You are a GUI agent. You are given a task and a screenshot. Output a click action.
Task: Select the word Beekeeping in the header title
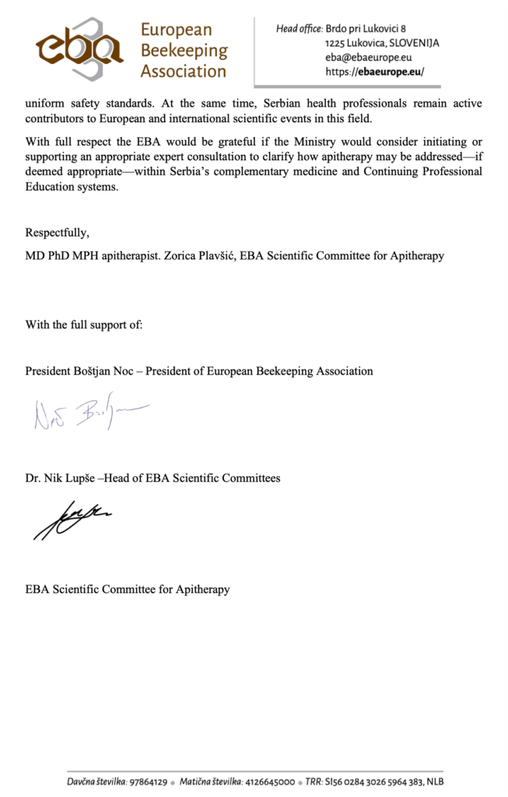[184, 51]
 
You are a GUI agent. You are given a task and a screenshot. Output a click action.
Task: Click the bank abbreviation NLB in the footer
[434, 781]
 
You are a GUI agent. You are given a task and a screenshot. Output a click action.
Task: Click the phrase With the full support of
[84, 325]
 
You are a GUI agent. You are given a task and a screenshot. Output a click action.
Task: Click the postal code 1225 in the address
[338, 43]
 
